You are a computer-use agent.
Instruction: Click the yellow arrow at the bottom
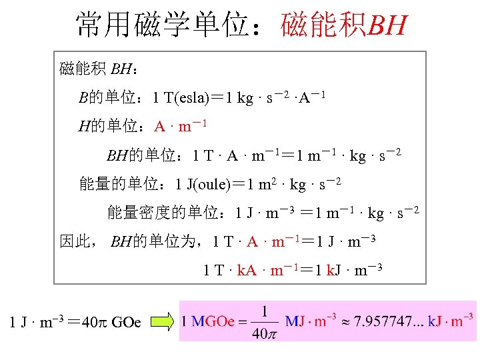(x=162, y=323)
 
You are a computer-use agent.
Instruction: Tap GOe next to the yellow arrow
(x=126, y=323)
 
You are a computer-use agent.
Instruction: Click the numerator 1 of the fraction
(x=265, y=311)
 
